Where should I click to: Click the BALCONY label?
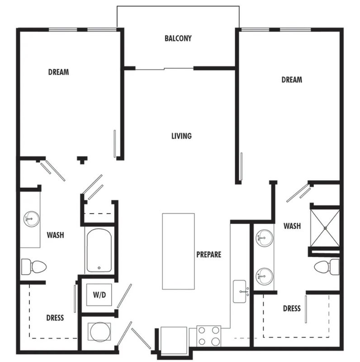(178, 38)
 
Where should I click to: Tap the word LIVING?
(181, 136)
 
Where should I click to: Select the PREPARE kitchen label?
(208, 254)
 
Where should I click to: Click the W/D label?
(99, 295)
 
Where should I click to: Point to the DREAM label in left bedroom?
(58, 72)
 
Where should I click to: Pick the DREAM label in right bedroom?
(292, 80)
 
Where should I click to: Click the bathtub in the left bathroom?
(99, 250)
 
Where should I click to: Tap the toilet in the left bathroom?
(34, 267)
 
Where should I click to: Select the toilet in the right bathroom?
(327, 267)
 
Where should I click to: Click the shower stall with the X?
(325, 228)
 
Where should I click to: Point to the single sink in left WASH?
(31, 219)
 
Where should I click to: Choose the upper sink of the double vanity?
(265, 238)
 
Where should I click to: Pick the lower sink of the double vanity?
(265, 276)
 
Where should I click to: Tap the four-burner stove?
(208, 336)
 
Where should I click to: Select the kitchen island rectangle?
(178, 251)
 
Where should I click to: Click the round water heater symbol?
(99, 332)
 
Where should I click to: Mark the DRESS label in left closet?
(55, 318)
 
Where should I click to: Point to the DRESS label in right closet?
(292, 309)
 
